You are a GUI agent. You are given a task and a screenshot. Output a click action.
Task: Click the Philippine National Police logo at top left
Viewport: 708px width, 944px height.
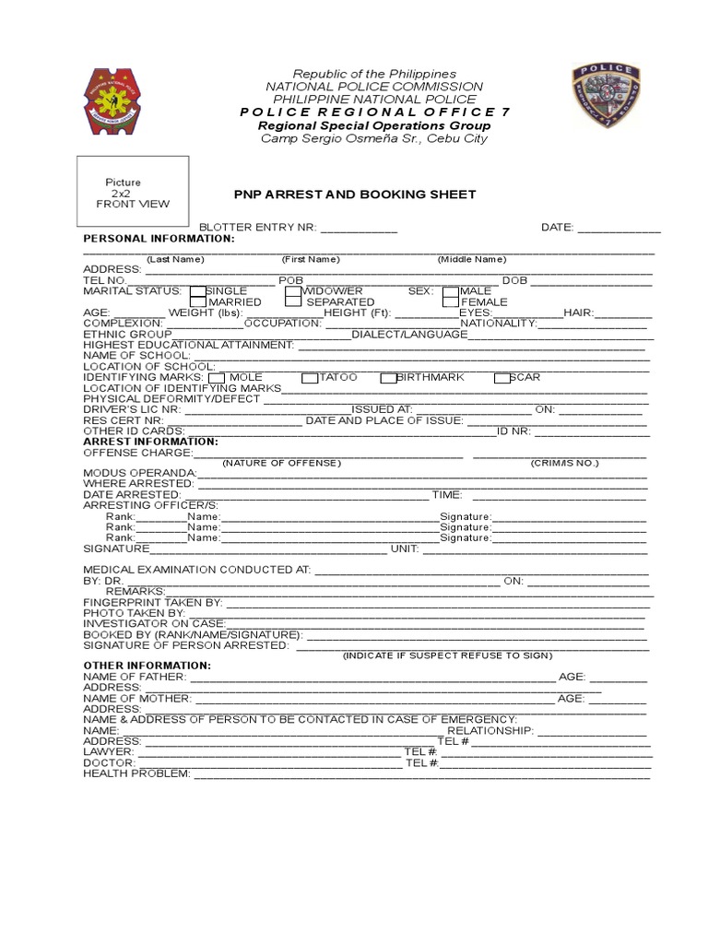114,100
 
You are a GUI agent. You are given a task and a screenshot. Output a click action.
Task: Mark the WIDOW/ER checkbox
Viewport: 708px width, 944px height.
293,290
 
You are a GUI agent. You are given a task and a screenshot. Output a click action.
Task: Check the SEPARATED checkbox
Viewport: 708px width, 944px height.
293,301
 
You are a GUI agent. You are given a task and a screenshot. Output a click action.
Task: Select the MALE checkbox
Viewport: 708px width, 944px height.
451,290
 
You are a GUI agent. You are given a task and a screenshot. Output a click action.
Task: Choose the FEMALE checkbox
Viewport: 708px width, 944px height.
451,301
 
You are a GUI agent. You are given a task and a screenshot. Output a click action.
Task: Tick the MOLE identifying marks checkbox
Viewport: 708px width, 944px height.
217,378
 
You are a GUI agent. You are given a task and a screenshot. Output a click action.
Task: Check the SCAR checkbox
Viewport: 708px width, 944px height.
501,378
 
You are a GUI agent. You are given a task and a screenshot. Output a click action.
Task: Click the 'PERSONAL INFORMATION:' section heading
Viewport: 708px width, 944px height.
159,238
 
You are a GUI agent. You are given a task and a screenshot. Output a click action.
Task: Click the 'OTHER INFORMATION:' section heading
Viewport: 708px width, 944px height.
147,665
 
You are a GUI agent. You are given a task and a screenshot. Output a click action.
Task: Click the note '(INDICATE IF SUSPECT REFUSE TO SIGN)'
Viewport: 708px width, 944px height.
447,655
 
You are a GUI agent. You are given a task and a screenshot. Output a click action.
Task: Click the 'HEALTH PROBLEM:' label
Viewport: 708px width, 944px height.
136,773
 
